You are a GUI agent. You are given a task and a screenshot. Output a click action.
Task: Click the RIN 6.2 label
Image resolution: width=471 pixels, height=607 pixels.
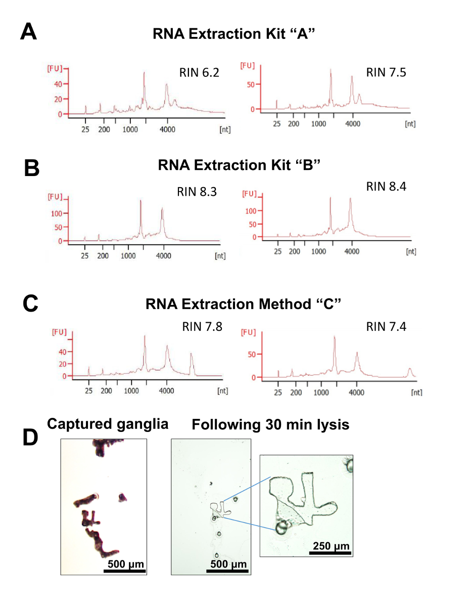coord(199,72)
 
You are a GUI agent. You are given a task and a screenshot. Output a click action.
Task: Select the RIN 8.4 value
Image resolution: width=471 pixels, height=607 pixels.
coord(387,187)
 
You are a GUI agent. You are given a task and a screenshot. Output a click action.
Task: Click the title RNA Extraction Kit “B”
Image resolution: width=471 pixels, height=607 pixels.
coord(240,165)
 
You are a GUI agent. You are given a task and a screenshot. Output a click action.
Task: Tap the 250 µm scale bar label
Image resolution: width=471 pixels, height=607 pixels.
coord(331,546)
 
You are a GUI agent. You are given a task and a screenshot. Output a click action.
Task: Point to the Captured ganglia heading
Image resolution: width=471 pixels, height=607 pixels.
coord(108,424)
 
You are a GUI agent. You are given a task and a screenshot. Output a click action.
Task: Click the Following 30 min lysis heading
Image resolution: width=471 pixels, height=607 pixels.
coord(270,425)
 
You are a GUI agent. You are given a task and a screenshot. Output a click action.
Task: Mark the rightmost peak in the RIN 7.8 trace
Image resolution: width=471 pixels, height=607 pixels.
coord(192,355)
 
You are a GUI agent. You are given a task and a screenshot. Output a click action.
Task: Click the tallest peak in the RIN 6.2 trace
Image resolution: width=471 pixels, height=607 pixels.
coord(144,73)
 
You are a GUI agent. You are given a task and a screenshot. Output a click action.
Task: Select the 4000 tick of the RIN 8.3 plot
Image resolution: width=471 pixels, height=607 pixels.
coord(163,256)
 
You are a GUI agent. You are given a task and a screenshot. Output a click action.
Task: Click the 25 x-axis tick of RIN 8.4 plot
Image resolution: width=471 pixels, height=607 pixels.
coord(277,251)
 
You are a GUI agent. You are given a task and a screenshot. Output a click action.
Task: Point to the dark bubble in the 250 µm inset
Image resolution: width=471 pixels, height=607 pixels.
coord(281,528)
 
